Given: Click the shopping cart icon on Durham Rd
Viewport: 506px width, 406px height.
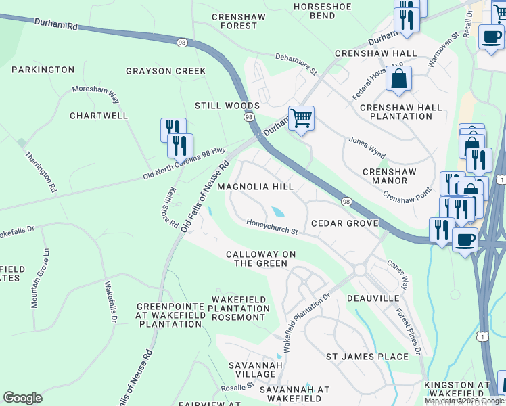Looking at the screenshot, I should (x=301, y=118).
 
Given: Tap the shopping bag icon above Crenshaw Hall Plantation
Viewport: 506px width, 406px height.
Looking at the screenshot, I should (x=399, y=78).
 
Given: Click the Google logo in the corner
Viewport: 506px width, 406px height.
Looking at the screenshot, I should (x=22, y=398).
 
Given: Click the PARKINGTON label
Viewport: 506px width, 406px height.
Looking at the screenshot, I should (x=43, y=70).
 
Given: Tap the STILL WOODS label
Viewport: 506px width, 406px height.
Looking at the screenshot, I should (x=227, y=106).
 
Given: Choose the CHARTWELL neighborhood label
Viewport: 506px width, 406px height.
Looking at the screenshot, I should (x=99, y=116).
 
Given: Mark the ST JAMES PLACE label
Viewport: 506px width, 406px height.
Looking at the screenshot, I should (x=367, y=357).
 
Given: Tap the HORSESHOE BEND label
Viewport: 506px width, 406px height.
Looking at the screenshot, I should (x=323, y=10).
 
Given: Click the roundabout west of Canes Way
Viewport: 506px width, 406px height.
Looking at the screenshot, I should (x=359, y=270).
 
